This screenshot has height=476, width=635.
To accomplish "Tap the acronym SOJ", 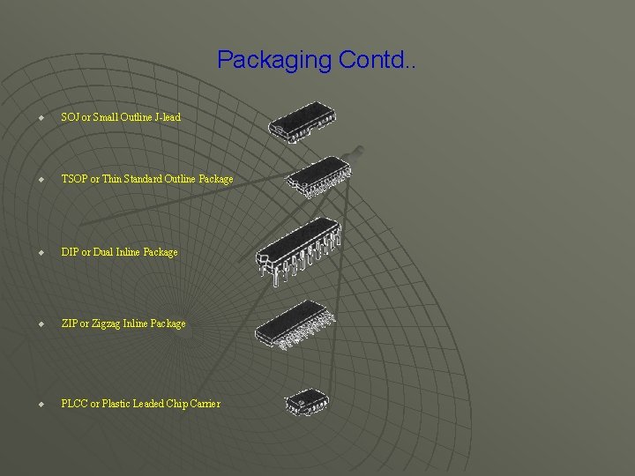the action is pyautogui.click(x=71, y=117).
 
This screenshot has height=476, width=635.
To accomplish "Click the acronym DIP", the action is pyautogui.click(x=70, y=252).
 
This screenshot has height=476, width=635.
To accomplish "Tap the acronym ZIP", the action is pyautogui.click(x=69, y=324).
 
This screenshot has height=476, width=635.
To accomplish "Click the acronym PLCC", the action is pyautogui.click(x=74, y=404).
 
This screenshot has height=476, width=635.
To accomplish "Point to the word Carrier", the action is pyautogui.click(x=203, y=404).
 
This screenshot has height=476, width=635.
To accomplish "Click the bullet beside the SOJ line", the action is pyautogui.click(x=41, y=117).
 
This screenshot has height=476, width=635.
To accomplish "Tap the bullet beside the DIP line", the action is pyautogui.click(x=41, y=252).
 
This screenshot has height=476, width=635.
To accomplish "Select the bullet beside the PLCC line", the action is pyautogui.click(x=41, y=404).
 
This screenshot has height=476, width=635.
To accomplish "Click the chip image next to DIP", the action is pyautogui.click(x=298, y=249).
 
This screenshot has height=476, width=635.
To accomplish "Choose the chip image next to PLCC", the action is pyautogui.click(x=306, y=402).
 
